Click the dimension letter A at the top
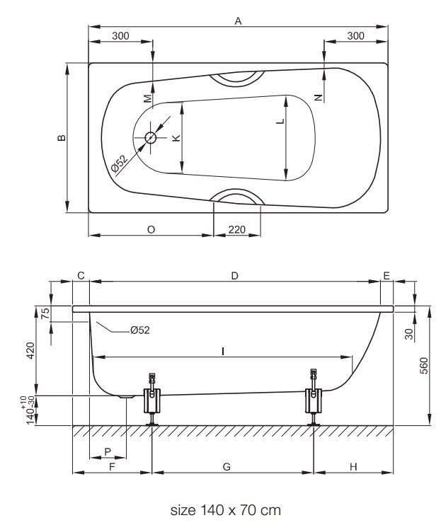238,21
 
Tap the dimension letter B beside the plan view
62,137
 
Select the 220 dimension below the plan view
236,230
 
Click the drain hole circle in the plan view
150,137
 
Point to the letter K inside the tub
176,137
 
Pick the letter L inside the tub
280,121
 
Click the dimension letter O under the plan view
151,230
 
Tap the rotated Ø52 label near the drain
120,163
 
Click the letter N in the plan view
319,98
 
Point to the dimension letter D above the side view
235,276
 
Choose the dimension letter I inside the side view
223,351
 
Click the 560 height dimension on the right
424,366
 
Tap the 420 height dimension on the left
30,350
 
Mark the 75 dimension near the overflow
45,313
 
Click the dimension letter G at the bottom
227,467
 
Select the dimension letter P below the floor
108,451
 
